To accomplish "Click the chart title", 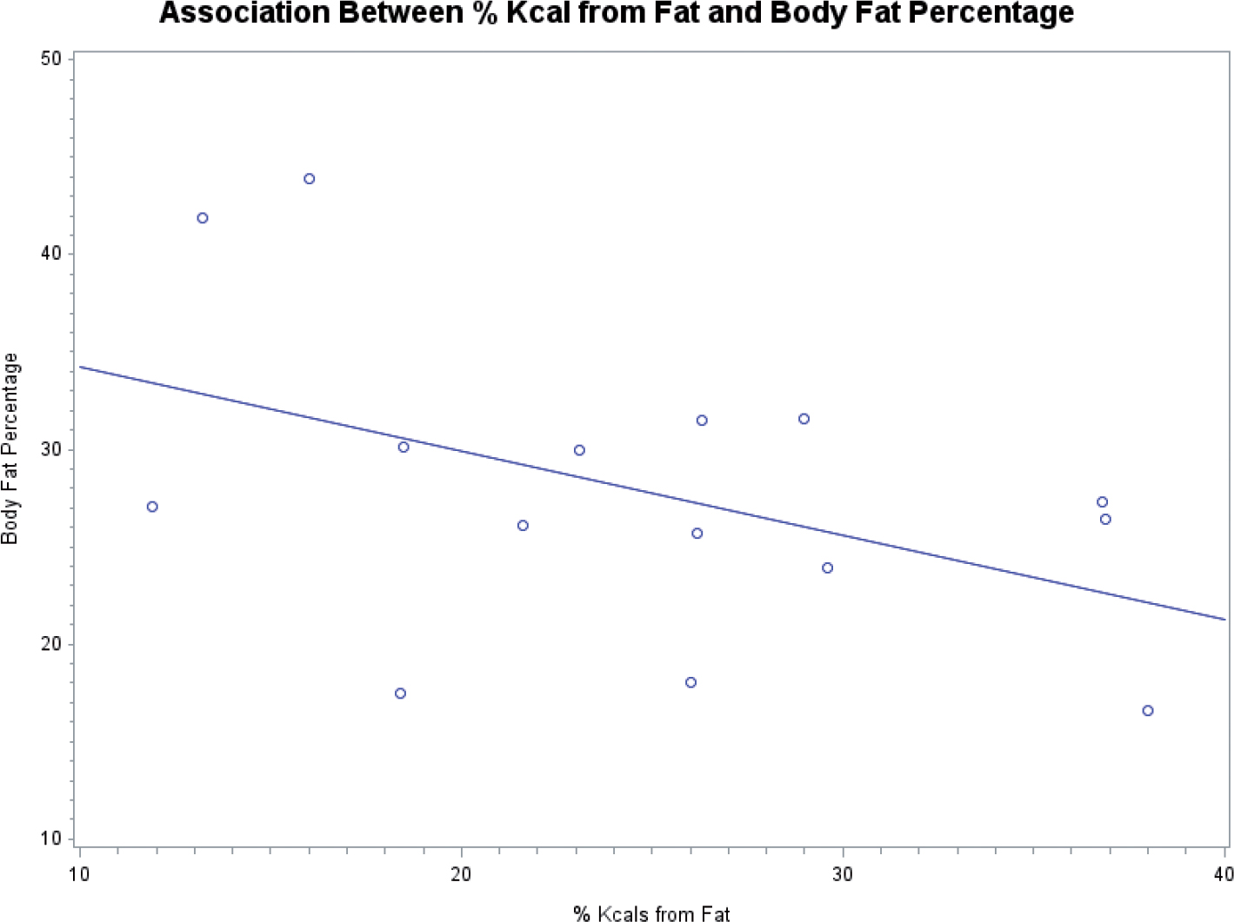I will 617,14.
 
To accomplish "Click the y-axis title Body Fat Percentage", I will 10,448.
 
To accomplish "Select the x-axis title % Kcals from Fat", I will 651,912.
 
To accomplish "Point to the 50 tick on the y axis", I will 52,59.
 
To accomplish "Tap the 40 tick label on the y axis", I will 52,254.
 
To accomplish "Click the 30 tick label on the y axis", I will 52,449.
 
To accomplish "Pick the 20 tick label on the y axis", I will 52,644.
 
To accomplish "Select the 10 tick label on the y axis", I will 52,839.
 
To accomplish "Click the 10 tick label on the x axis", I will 79,873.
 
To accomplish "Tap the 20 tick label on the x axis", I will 461,873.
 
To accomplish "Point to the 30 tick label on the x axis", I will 842,873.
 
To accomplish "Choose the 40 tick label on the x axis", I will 1223,873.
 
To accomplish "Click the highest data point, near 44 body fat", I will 309,179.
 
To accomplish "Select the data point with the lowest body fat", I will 1148,711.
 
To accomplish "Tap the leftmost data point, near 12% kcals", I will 152,507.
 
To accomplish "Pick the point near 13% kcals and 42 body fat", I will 203,218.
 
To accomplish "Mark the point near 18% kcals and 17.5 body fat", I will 400,693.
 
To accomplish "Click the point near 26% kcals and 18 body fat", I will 690,683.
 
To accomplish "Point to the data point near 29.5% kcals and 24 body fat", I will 827,568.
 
